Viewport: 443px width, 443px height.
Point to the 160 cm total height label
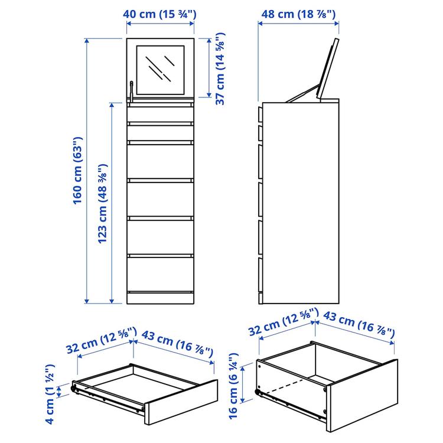77,171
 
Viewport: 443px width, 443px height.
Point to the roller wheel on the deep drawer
258,392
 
